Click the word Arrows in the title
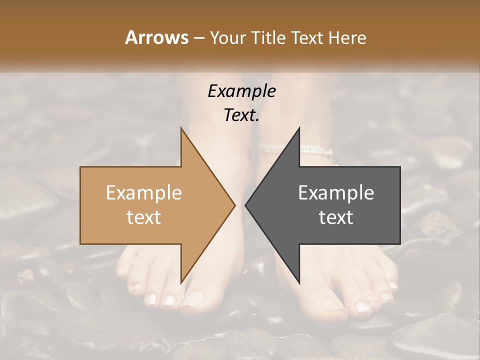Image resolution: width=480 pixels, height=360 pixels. (157, 37)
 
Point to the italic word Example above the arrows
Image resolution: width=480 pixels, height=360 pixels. (241, 91)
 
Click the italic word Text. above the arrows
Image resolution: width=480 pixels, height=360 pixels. (241, 115)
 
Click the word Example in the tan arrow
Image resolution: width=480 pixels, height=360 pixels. (144, 193)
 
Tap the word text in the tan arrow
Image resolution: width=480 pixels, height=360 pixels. (144, 217)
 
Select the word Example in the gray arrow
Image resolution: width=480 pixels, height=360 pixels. (336, 193)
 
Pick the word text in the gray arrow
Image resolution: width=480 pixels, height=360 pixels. (336, 217)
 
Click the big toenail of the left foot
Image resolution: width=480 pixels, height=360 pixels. (194, 300)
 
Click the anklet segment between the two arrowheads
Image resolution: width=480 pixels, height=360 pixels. (270, 147)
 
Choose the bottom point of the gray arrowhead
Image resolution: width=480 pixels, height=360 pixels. (299, 283)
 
